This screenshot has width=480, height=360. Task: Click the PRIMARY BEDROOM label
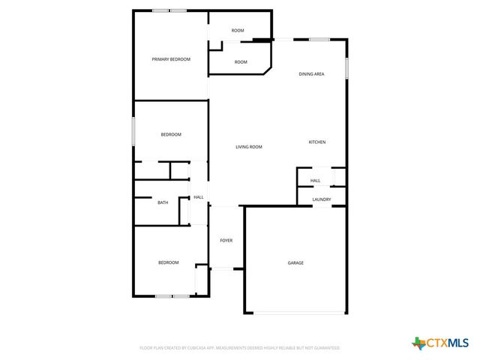point(171,59)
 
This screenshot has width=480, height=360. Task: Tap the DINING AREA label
point(311,74)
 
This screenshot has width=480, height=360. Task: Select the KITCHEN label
point(317,142)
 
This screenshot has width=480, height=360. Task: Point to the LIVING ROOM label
point(249,147)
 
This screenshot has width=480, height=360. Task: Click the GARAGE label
point(295,262)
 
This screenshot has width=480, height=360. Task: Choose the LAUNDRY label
point(322,199)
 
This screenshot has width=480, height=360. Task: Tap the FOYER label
point(226,241)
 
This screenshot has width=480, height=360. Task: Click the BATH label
point(163,202)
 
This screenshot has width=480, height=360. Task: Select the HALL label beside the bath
point(199,197)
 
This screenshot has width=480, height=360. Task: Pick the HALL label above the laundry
point(316,181)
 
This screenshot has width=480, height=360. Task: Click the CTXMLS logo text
point(448,343)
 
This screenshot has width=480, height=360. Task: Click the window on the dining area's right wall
point(346,67)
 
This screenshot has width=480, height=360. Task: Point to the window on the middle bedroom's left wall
point(133,131)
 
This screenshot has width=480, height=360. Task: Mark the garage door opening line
point(295,313)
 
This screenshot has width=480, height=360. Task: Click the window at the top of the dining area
point(319,39)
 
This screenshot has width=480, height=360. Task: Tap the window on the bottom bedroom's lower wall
point(172,296)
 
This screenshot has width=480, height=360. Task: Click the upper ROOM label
point(238,31)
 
